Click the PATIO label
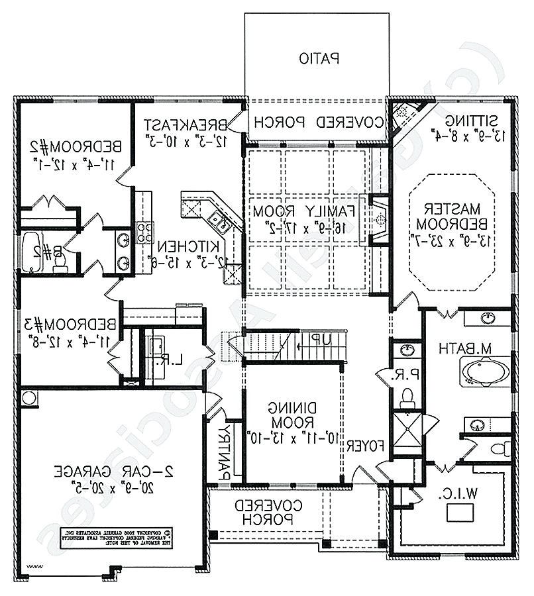pos(319,59)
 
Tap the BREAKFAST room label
pos(186,124)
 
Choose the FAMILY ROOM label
pos(304,211)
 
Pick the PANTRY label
pos(225,451)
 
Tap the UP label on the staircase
pos(321,339)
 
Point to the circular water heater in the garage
pos(28,399)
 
